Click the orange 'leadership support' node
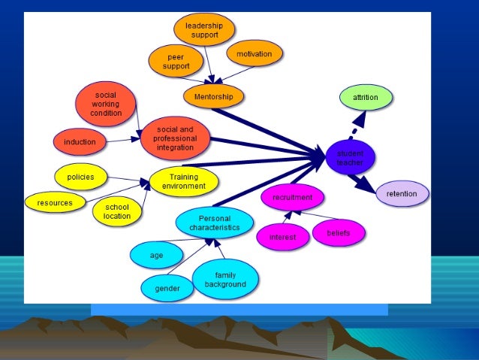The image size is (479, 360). pos(204,30)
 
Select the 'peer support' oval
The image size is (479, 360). pos(177,62)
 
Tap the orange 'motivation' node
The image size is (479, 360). pos(254,54)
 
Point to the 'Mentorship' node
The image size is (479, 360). pos(213,96)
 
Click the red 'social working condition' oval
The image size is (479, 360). pos(106,104)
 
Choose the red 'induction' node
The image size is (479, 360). pos(80,141)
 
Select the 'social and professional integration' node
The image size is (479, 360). pos(175,138)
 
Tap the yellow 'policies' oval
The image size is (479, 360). pos(80,177)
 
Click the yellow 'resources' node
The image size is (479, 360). pos(55,202)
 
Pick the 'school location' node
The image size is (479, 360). pos(117,211)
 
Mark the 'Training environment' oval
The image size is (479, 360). pos(183,182)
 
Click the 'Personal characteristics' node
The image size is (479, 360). pos(214,222)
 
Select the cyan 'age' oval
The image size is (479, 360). pos(156,256)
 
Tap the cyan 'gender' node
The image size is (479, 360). pos(167,288)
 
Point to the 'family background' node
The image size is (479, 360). pos(225,280)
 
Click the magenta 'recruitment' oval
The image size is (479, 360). pos(292,198)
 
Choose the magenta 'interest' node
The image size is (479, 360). pos(282,237)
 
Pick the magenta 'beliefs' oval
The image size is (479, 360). pos(339,232)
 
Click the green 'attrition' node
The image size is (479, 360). pos(365,97)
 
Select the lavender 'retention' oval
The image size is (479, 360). pos(402,194)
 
